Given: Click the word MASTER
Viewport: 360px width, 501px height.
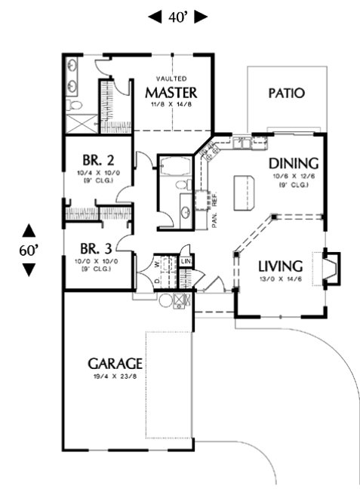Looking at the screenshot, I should (x=171, y=93).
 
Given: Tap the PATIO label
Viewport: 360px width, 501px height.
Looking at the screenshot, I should (x=287, y=94).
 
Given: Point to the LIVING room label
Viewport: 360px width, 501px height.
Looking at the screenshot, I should (x=280, y=266).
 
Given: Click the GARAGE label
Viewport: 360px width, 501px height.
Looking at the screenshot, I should (x=114, y=364).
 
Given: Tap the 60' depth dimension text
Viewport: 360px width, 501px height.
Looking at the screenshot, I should (x=28, y=250).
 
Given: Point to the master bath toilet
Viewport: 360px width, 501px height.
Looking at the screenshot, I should (x=73, y=104).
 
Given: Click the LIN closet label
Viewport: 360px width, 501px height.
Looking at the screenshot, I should (x=186, y=262).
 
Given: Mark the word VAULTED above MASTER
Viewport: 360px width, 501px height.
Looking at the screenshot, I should (x=171, y=78).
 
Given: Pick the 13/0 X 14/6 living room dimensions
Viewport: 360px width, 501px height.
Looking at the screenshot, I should (x=280, y=281).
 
